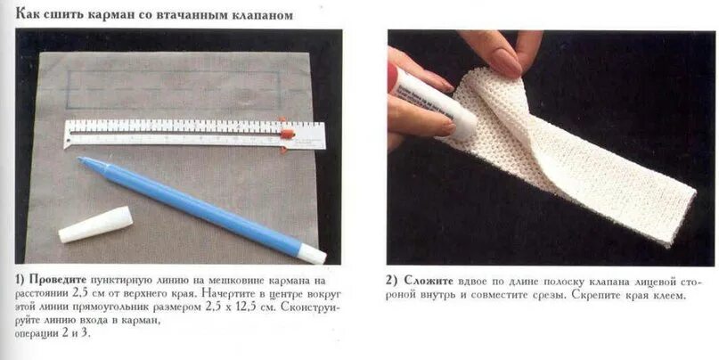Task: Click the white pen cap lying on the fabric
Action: coord(95,225)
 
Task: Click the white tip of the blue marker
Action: coord(313,256)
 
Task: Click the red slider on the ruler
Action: coord(287,134)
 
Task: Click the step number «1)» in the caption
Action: coord(20,280)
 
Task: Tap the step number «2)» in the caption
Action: coord(392,280)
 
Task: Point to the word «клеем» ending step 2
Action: coord(666,294)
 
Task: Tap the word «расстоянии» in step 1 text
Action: coord(44,293)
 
